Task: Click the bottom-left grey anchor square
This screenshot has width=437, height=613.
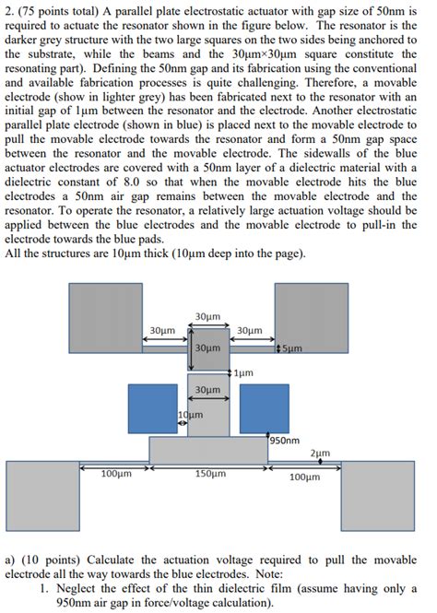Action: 43,494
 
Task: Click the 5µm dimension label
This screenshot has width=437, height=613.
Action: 292,348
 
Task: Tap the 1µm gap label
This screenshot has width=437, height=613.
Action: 243,373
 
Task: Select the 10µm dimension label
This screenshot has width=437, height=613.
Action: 190,415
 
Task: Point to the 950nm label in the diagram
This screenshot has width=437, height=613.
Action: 285,441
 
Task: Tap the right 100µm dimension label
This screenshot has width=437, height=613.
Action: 304,477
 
